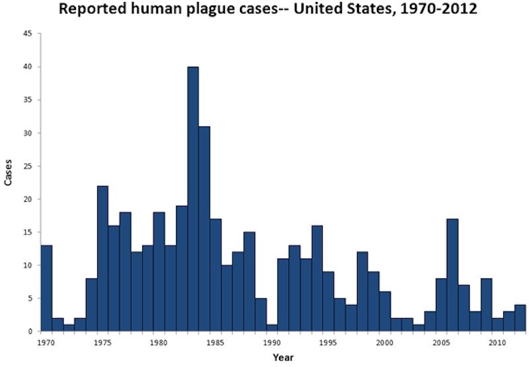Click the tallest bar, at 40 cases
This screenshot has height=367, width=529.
click(193, 199)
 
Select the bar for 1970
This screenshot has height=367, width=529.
click(46, 288)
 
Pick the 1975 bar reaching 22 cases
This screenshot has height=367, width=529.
click(103, 259)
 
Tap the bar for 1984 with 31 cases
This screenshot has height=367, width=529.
click(204, 228)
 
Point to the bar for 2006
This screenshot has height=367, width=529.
click(452, 275)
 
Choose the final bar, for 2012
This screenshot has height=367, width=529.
click(520, 318)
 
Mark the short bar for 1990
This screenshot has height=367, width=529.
click(272, 328)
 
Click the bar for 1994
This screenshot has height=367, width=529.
click(317, 279)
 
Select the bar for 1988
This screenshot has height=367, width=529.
click(249, 282)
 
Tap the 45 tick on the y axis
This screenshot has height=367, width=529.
click(28, 34)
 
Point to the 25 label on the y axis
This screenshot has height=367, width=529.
click(28, 166)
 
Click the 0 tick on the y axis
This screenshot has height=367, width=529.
click(30, 331)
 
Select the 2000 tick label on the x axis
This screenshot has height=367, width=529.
click(385, 343)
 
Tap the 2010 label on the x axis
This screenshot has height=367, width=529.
click(498, 343)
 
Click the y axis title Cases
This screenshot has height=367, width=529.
click(8, 172)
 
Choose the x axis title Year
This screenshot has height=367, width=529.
click(284, 357)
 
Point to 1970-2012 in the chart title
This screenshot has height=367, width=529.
click(438, 9)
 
